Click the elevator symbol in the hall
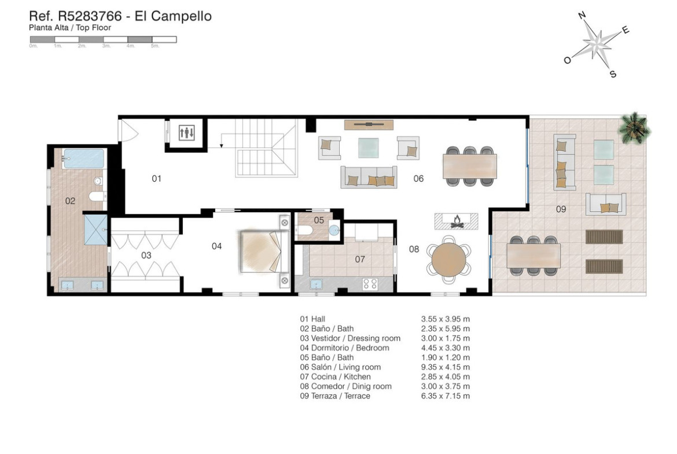click(x=186, y=132)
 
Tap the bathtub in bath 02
click(x=83, y=158)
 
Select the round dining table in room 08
click(x=448, y=259)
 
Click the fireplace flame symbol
click(x=457, y=222)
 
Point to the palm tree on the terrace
click(x=634, y=128)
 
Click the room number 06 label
click(x=418, y=178)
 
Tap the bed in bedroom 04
click(x=264, y=252)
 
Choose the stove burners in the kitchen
click(x=370, y=284)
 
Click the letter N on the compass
click(x=582, y=16)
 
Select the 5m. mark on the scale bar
click(x=155, y=46)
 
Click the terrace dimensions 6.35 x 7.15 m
click(x=445, y=396)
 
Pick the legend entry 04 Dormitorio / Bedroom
click(x=344, y=348)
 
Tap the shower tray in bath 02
click(x=95, y=230)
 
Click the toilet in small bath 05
click(x=304, y=230)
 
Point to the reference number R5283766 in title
click(x=90, y=16)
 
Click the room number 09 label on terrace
click(x=561, y=209)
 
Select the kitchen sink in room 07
click(x=316, y=285)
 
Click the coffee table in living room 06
click(x=368, y=147)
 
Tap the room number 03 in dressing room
click(x=146, y=255)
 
